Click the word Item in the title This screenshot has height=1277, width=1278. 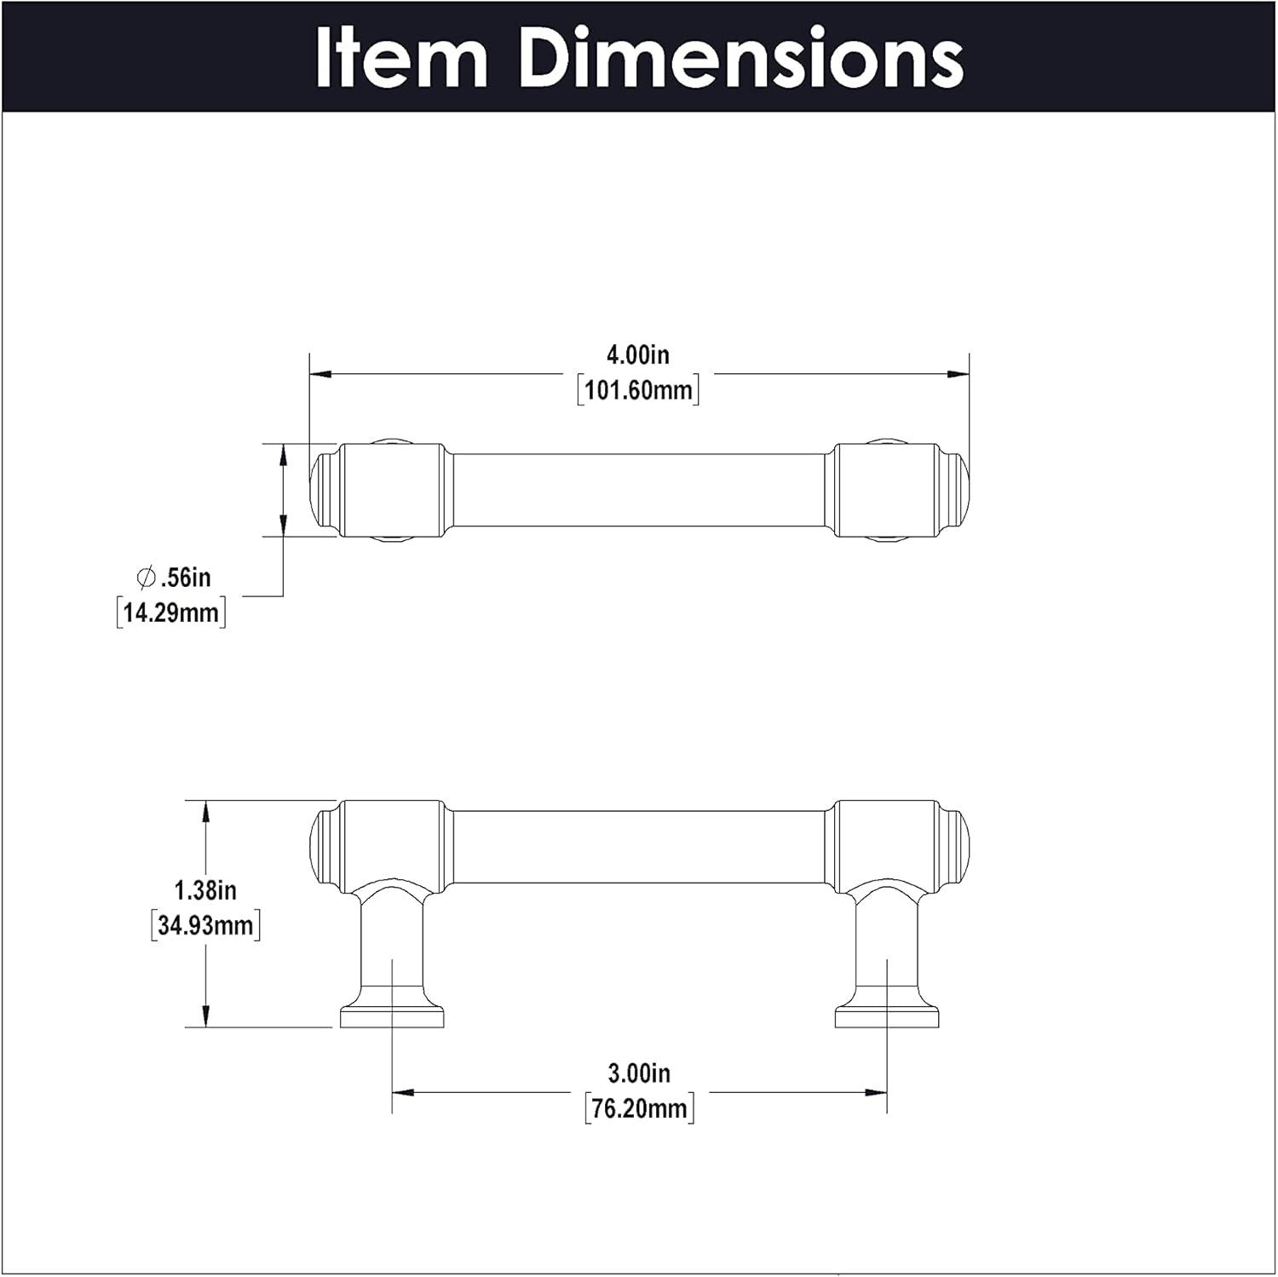401,57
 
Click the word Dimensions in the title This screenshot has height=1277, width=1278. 742,57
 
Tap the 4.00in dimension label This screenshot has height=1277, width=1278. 638,354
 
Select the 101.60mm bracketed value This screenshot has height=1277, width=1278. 638,390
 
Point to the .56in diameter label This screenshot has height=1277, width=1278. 185,578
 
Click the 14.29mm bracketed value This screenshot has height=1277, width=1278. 171,613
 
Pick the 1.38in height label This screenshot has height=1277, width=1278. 205,891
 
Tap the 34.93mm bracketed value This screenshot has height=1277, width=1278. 205,925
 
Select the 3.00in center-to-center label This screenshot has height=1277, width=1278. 639,1073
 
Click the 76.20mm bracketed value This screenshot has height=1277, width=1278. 639,1109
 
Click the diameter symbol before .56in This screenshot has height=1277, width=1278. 147,578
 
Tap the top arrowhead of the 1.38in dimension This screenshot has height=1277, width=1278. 205,811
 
